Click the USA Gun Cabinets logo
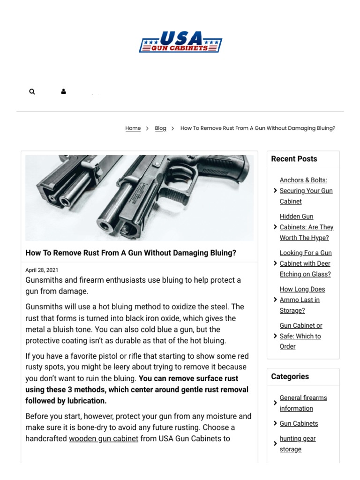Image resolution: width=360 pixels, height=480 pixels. (x=180, y=42)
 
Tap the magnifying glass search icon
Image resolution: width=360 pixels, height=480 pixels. (x=32, y=92)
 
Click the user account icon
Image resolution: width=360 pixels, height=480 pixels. (x=63, y=92)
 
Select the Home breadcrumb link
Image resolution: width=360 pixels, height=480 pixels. (x=133, y=128)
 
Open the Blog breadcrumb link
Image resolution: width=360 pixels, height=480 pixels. (x=160, y=128)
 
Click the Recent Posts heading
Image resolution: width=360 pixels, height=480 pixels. (x=294, y=159)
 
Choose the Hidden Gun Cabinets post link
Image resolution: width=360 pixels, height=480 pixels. (x=306, y=227)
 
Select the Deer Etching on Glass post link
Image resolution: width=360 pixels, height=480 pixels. (x=305, y=263)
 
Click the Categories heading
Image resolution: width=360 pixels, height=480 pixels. (x=290, y=376)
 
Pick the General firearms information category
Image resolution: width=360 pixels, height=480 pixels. (x=303, y=403)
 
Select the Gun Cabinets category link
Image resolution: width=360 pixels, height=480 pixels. (x=299, y=423)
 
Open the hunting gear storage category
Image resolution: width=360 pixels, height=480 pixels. (x=297, y=444)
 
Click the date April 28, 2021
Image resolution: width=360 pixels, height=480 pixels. (x=42, y=270)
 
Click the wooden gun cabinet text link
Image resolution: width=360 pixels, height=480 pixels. (x=104, y=439)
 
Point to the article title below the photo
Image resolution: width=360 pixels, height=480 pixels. (x=131, y=253)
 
